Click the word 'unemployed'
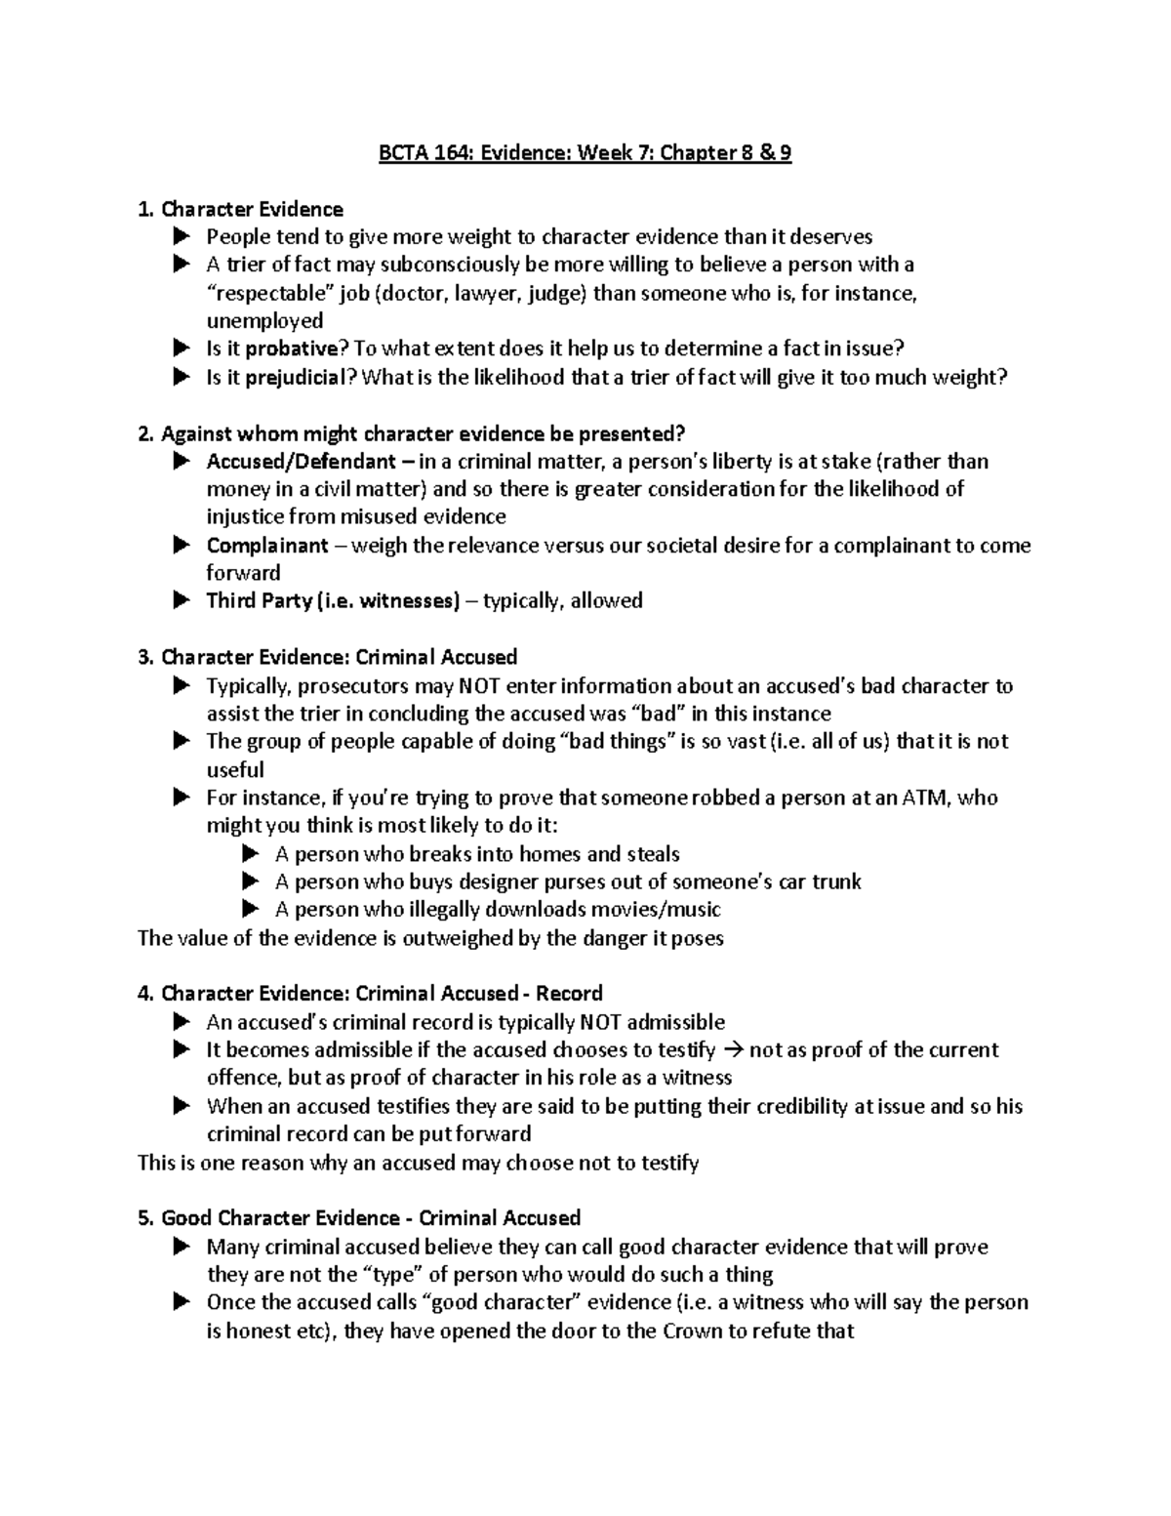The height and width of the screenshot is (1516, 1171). tap(263, 321)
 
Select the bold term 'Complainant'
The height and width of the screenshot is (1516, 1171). tap(267, 546)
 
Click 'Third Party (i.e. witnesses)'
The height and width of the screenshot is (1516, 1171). tap(332, 601)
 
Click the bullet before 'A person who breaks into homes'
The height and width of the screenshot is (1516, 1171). tap(250, 854)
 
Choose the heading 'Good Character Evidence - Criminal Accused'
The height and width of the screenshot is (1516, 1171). tap(371, 1218)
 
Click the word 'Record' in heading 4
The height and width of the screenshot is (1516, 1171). tap(569, 994)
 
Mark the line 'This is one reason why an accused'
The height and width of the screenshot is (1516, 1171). tap(418, 1163)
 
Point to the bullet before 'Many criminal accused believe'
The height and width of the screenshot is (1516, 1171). tap(181, 1247)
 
